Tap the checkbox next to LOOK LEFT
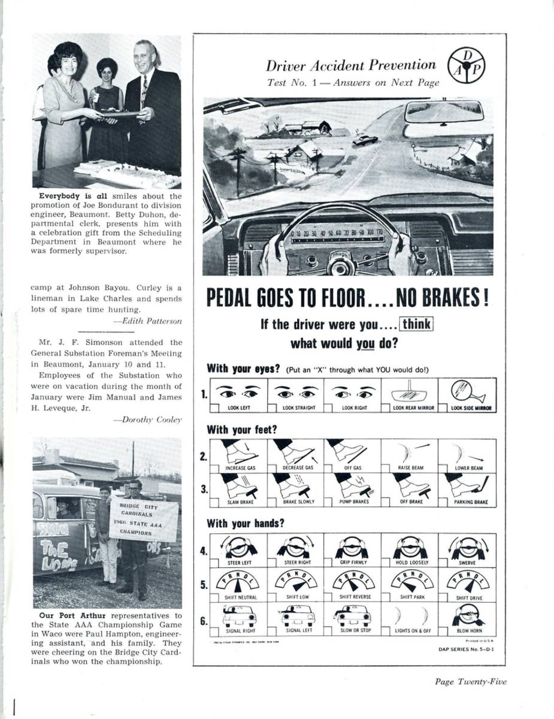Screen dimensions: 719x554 tap(214, 407)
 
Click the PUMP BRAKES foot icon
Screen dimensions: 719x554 tap(353, 485)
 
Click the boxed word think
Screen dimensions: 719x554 tap(416, 325)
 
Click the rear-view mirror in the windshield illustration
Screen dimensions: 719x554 tap(444, 111)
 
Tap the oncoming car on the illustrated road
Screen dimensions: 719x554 tap(365, 140)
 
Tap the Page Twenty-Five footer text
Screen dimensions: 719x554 tap(471, 681)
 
